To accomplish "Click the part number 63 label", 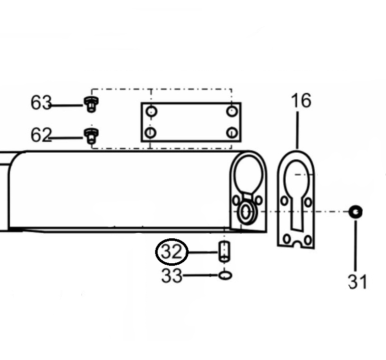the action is click(x=41, y=102).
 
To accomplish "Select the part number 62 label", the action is click(x=41, y=135).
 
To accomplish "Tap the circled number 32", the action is click(x=171, y=252).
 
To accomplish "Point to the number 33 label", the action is click(x=172, y=276).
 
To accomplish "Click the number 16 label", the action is click(x=301, y=100).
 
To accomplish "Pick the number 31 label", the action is click(x=357, y=282).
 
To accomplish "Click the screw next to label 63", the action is click(x=91, y=104).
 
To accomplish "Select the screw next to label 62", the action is click(x=91, y=136).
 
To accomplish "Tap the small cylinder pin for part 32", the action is click(x=224, y=252).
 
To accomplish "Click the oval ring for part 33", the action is click(x=225, y=275).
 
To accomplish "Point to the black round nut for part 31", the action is click(x=355, y=212).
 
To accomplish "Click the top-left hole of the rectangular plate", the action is click(x=151, y=112).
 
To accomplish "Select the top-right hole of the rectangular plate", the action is click(x=231, y=111).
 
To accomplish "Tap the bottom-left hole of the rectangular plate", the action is click(x=151, y=133).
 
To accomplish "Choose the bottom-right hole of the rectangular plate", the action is click(x=232, y=133).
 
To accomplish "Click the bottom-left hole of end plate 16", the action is click(x=286, y=239).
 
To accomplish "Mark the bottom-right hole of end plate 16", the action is click(x=308, y=240).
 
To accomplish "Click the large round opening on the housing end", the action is click(x=249, y=175).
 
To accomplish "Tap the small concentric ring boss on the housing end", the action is click(x=246, y=213).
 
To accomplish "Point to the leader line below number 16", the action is click(x=298, y=130).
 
